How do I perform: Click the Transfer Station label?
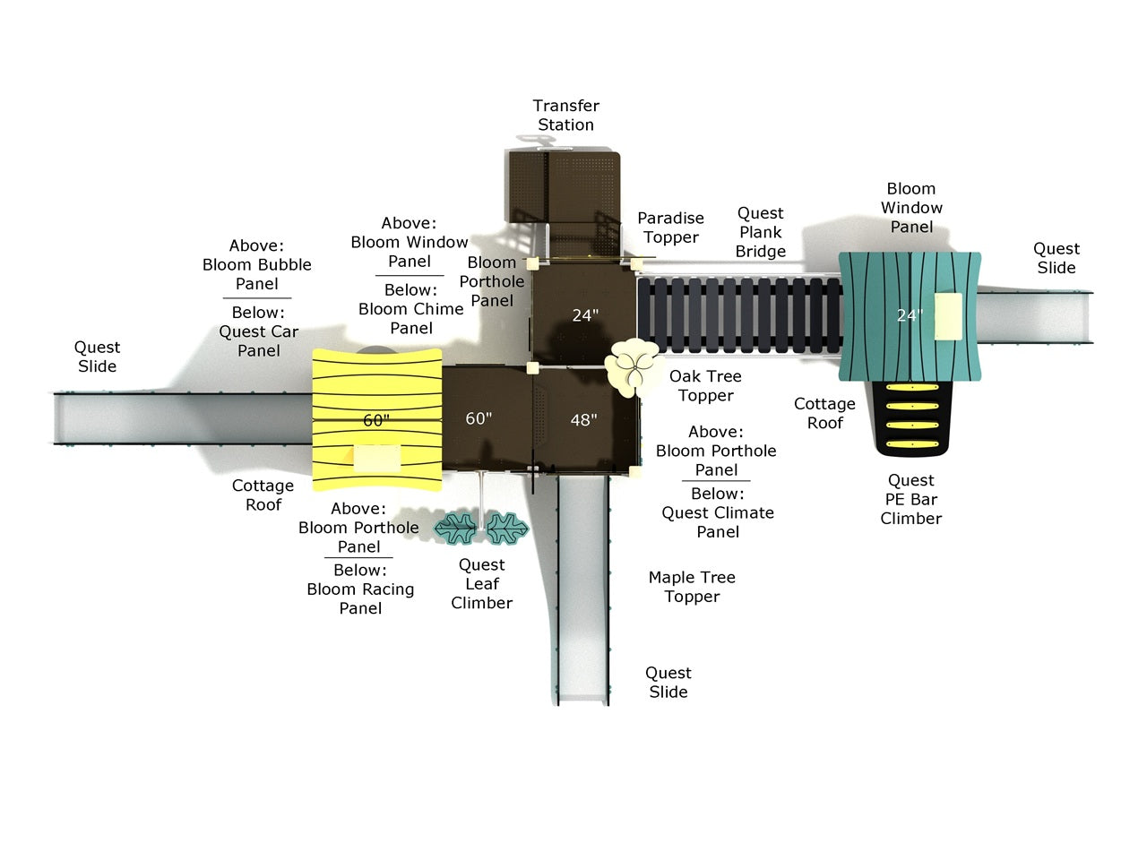pos(566,115)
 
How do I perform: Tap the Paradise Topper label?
pos(670,228)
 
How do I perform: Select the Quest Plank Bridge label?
pos(760,232)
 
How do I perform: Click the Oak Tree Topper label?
pos(705,385)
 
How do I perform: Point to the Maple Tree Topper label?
pos(692,587)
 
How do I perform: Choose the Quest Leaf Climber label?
pos(482,583)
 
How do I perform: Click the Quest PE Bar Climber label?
pos(910,499)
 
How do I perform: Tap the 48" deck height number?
pos(583,419)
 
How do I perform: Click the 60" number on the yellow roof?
pos(376,420)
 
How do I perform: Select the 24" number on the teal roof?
pos(910,314)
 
